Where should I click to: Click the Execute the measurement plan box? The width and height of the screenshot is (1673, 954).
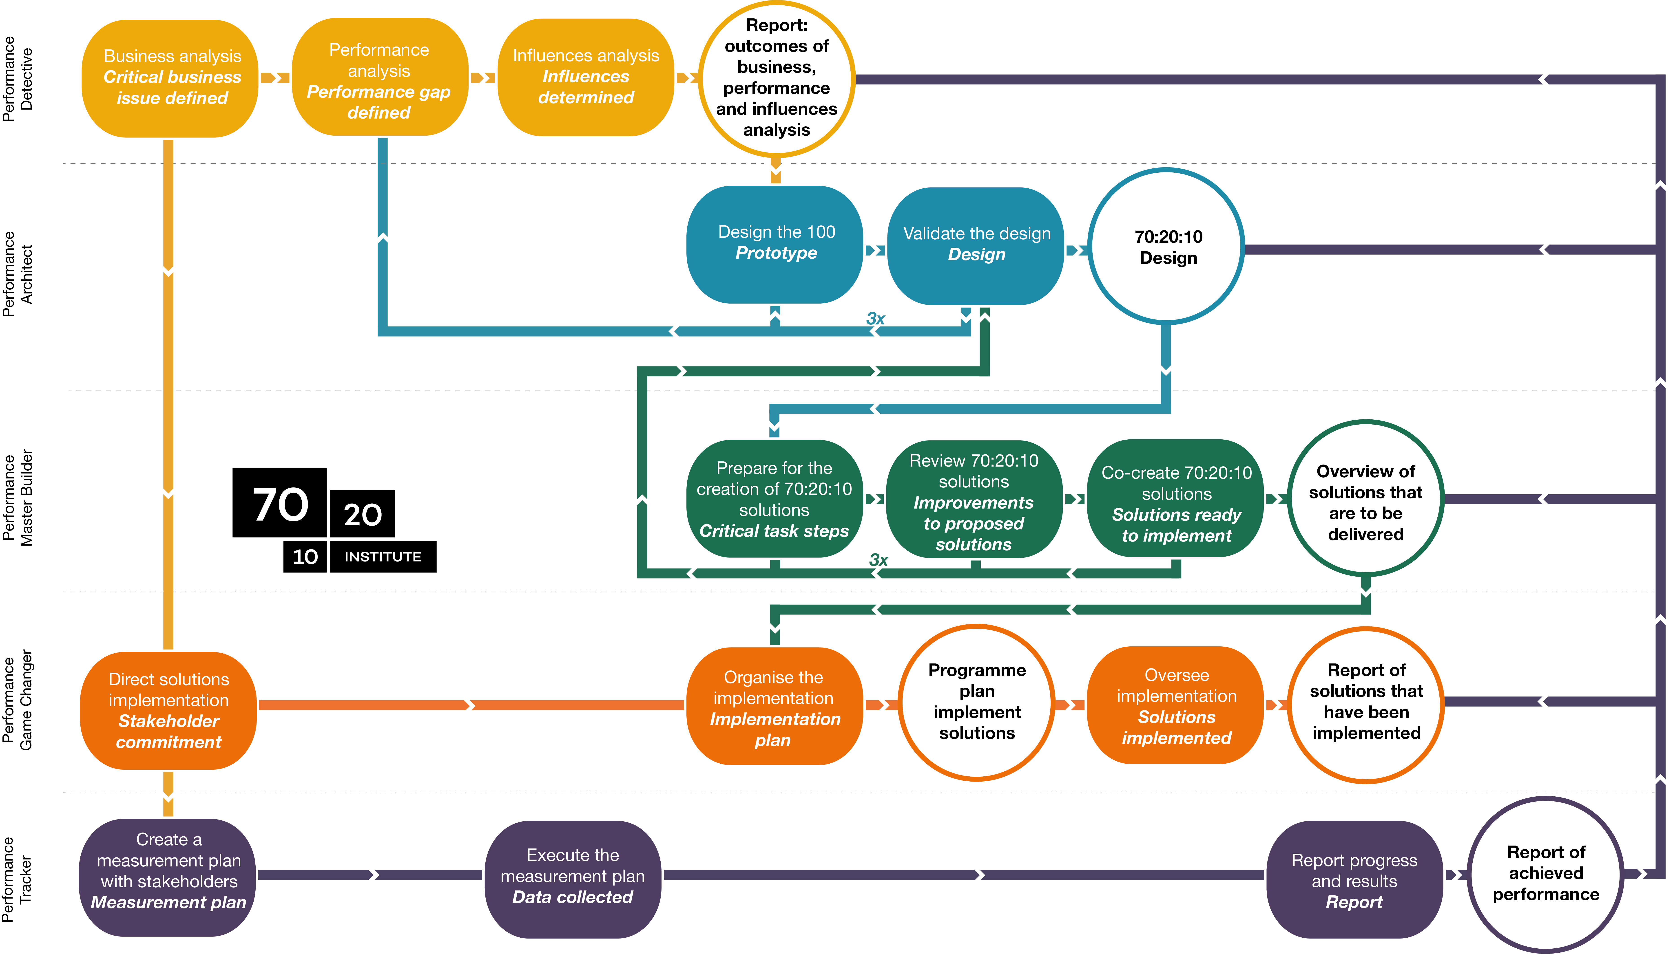(x=572, y=877)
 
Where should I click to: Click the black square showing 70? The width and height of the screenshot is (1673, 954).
(x=280, y=503)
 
